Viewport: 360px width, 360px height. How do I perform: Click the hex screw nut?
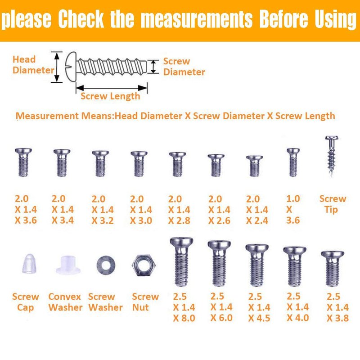144,265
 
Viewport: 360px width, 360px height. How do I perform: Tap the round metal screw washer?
106,265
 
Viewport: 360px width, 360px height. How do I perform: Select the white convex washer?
68,265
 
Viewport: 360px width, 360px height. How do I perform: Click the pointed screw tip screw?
332,156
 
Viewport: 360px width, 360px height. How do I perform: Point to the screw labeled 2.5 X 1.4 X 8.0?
181,262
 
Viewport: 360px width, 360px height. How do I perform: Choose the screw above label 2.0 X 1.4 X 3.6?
23,162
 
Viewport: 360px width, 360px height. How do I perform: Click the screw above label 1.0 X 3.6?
293,162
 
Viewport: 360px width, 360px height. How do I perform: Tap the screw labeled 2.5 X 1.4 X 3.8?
333,269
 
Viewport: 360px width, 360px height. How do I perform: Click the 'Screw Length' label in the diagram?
110,96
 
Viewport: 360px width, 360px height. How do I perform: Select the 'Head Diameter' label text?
33,65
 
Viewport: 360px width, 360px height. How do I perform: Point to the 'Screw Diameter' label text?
184,67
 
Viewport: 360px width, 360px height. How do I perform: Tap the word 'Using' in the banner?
335,19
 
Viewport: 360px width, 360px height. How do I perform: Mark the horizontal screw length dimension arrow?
112,88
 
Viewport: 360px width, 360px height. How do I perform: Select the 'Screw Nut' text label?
145,302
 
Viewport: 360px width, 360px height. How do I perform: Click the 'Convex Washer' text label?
65,302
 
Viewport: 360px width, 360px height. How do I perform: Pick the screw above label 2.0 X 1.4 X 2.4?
255,166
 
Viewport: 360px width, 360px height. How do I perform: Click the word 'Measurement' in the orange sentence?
47,116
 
